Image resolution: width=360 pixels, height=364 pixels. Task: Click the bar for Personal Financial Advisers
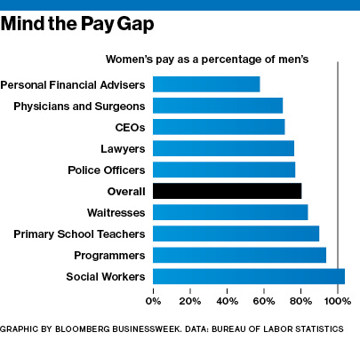pos(206,84)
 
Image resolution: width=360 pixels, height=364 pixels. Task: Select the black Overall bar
pos(228,191)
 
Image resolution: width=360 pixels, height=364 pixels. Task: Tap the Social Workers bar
pos(249,276)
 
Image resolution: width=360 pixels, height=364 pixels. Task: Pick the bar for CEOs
pos(219,127)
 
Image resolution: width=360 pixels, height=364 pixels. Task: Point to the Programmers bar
pos(239,255)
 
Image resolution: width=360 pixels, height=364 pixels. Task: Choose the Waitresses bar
pos(230,212)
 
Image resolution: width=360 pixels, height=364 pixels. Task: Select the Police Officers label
pos(107,170)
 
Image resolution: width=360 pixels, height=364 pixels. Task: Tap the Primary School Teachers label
pos(79,233)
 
